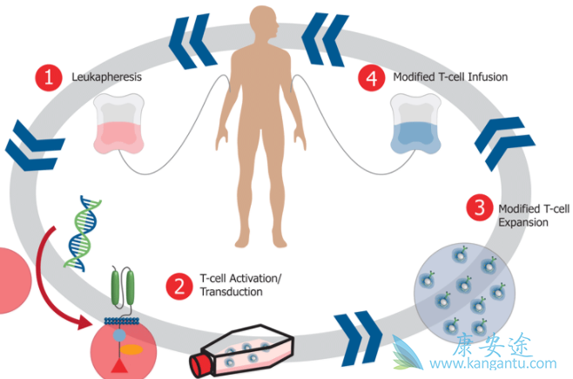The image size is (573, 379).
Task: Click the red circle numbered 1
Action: coord(49,77)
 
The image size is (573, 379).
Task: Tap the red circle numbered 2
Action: coord(179,285)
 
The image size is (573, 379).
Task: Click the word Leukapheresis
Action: coord(106,78)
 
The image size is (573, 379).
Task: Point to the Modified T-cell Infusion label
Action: coord(450,78)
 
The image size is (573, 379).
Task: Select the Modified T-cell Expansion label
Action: coord(522,215)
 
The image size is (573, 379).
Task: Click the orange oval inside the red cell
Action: coord(132,346)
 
